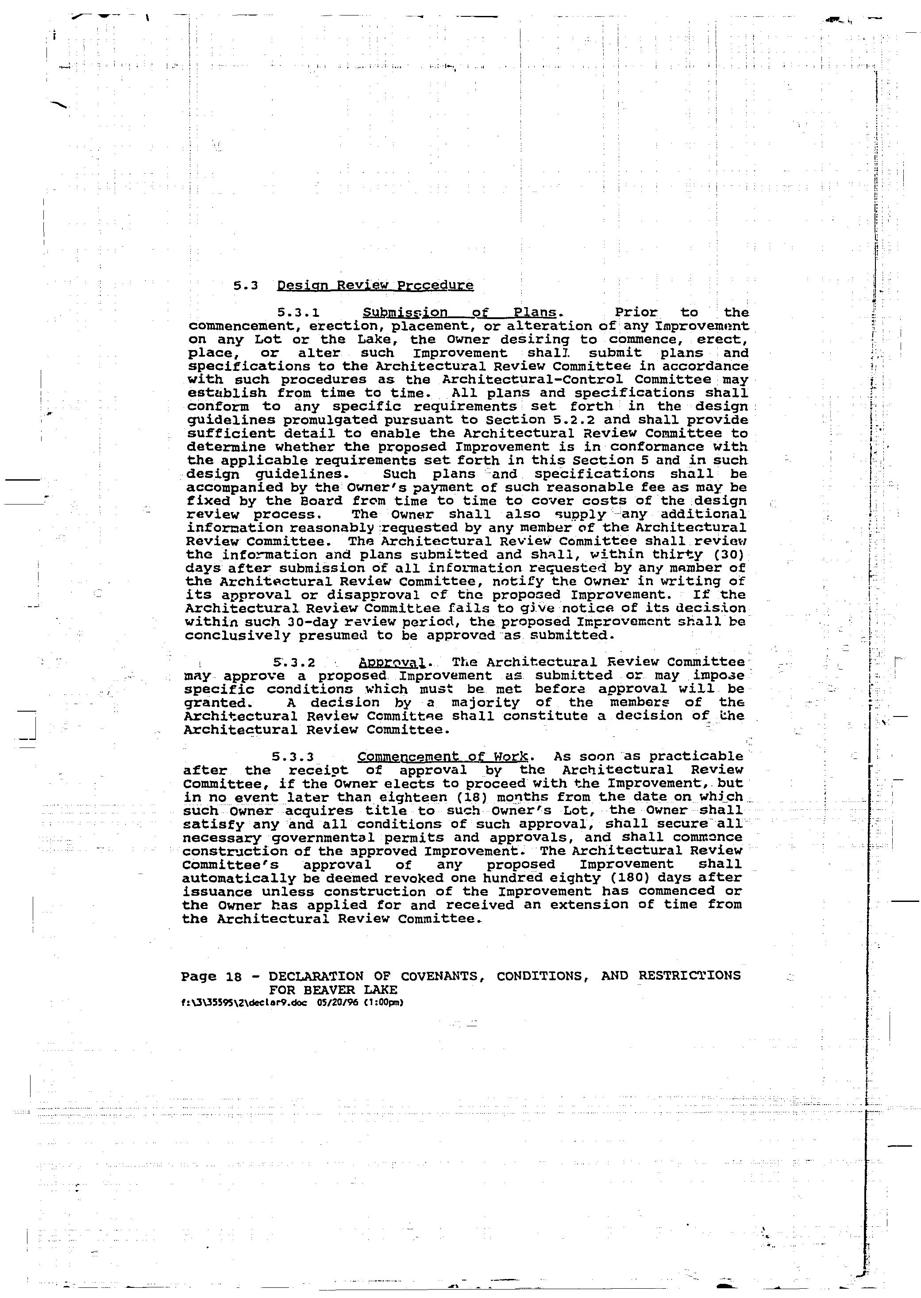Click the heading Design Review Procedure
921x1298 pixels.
pos(375,285)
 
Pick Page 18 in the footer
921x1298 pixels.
pos(211,976)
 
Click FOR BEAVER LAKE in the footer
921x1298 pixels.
pos(333,990)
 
